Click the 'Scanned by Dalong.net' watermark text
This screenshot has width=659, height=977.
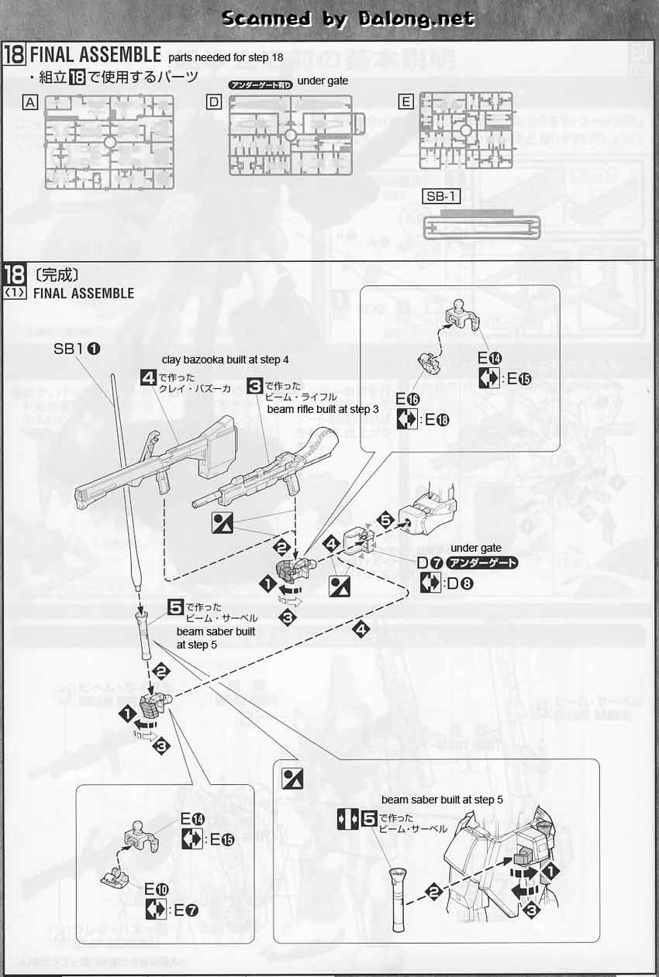[x=347, y=19]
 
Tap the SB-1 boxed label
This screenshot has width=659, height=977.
[x=442, y=197]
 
